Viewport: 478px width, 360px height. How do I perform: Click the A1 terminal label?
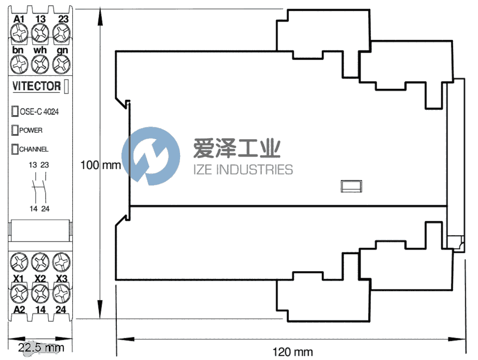coord(20,19)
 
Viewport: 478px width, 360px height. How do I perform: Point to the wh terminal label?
coord(40,50)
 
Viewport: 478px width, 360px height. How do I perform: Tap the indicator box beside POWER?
coord(15,130)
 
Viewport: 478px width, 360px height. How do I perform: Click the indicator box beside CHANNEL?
coord(15,149)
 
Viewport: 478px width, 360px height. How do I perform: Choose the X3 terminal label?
coord(62,278)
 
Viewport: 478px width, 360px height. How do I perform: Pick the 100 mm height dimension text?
coord(100,165)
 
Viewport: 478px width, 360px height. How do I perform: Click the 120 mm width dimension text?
coord(293,352)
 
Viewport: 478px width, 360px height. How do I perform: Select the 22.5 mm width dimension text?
coord(40,348)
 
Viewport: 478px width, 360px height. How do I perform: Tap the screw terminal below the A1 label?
coord(20,33)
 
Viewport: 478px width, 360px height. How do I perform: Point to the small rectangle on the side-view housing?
coord(351,186)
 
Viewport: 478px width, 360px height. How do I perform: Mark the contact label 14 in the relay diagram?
coord(33,209)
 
